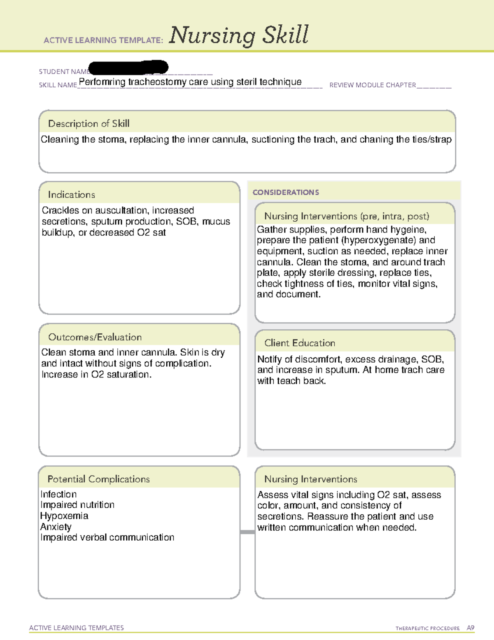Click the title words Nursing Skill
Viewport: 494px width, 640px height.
click(238, 35)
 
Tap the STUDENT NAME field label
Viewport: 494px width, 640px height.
click(63, 72)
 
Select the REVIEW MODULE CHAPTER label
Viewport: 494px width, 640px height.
click(373, 85)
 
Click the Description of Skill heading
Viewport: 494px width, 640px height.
click(89, 124)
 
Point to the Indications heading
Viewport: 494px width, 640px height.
click(71, 195)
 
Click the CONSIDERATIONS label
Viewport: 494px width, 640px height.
click(286, 192)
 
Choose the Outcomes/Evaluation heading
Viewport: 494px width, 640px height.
click(95, 337)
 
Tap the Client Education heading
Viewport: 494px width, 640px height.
click(299, 343)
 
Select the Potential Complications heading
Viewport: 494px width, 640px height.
click(98, 479)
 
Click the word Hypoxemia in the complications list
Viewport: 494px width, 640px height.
click(64, 516)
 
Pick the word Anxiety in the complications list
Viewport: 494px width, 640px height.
click(56, 527)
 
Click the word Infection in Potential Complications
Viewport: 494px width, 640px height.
click(58, 494)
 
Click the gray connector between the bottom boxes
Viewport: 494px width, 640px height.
click(247, 532)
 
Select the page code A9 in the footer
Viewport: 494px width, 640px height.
click(470, 628)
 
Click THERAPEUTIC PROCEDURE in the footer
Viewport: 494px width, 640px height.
click(427, 628)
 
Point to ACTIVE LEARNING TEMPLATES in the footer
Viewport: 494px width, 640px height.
click(77, 628)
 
